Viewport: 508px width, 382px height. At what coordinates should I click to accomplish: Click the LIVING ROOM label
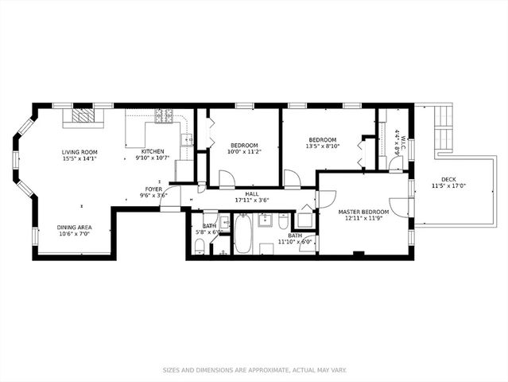pyautogui.click(x=79, y=151)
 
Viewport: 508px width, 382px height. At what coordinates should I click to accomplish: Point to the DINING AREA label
pyautogui.click(x=73, y=227)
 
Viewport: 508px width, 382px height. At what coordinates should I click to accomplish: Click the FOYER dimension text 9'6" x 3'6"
pyautogui.click(x=153, y=195)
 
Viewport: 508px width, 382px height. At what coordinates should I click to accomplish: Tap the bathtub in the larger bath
pyautogui.click(x=242, y=233)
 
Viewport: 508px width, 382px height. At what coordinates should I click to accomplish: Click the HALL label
pyautogui.click(x=251, y=193)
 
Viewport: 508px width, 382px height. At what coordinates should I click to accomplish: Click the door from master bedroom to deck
pyautogui.click(x=404, y=205)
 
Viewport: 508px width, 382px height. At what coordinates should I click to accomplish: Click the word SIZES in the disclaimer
pyautogui.click(x=174, y=370)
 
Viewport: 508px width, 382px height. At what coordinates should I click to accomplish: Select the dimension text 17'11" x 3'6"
pyautogui.click(x=252, y=201)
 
